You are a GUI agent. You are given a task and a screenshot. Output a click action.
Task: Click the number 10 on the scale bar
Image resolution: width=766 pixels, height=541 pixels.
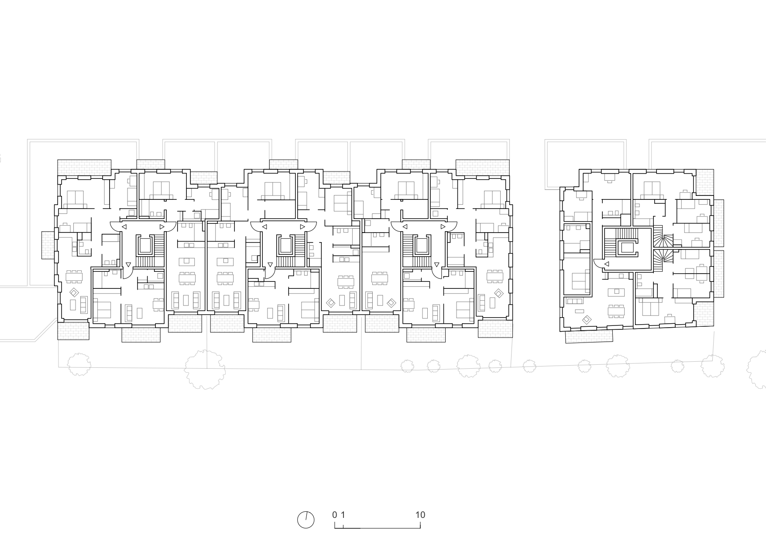(420, 515)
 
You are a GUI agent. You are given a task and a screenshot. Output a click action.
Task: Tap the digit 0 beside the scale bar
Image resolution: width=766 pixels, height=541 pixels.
(335, 515)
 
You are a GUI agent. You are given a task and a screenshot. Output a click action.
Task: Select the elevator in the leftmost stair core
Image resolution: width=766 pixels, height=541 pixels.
(145, 246)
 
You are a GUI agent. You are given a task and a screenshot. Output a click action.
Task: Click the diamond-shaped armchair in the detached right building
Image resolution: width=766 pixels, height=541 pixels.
(587, 320)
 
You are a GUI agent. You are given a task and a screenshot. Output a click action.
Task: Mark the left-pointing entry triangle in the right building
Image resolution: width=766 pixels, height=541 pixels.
(607, 264)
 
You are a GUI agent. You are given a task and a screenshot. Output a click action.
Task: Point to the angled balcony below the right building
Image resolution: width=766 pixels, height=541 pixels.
(589, 336)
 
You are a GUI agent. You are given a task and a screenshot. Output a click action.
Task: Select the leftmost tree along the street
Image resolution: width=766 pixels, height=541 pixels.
(79, 364)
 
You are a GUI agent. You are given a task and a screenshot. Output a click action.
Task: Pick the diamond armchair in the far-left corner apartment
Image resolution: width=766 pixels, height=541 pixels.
(74, 292)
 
